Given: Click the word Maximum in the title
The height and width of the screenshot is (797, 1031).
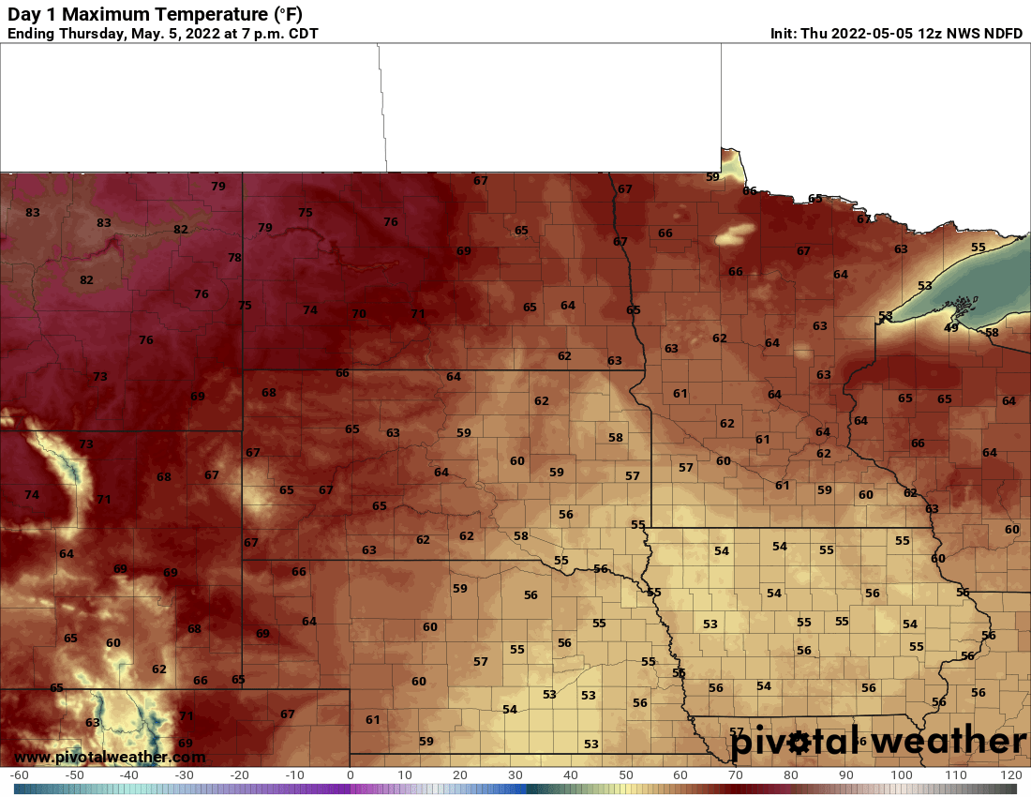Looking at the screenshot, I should tap(98, 14).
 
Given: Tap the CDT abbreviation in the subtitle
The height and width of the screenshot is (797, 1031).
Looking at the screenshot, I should tap(302, 34).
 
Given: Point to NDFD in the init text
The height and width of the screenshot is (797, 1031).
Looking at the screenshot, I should tap(1002, 34).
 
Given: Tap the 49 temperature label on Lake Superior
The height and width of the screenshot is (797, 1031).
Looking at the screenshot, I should tap(950, 327).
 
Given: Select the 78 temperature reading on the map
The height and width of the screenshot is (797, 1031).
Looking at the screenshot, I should tap(234, 258).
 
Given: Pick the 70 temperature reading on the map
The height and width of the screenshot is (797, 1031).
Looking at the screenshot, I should tap(358, 314).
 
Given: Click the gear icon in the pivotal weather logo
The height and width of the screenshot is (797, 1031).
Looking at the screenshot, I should tap(799, 744).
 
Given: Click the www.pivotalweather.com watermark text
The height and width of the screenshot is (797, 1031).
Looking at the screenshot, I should tap(110, 757).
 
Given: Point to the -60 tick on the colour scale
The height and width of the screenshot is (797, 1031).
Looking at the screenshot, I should tap(20, 775).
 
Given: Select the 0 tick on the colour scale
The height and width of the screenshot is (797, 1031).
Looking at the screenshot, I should tap(351, 775).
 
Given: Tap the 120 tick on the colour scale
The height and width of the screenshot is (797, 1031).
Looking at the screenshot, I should tap(1010, 775).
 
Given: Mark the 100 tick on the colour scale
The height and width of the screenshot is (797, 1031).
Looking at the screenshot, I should tap(901, 775).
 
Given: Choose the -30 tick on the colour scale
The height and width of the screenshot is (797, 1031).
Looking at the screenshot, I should tap(185, 775).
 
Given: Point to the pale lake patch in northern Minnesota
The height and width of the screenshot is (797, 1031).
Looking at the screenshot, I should tap(735, 233).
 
